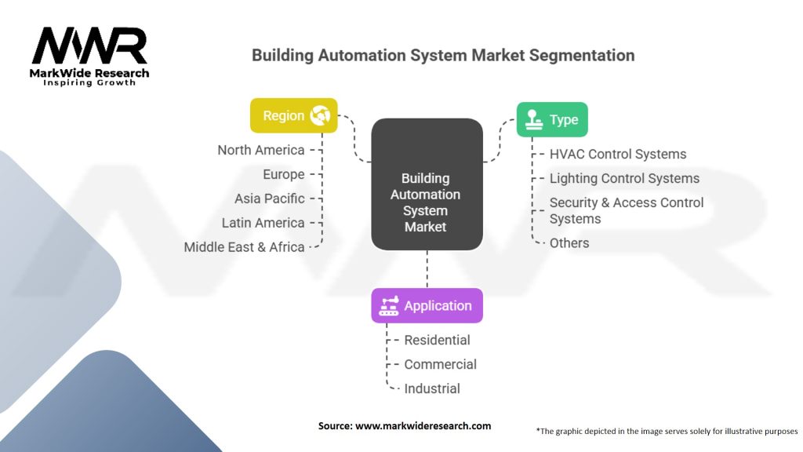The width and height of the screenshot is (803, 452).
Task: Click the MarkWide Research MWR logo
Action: pos(89,56)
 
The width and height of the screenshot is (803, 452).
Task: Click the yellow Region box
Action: pos(294,115)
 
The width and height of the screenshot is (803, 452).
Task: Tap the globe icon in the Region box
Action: pos(320,115)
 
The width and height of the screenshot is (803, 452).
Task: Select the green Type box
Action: pos(552,119)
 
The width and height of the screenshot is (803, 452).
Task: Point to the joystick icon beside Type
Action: pos(533,119)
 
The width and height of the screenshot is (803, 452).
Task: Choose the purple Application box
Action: pos(427,305)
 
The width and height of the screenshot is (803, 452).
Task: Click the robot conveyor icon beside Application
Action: pos(389,305)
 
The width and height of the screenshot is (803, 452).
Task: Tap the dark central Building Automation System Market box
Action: pos(427,184)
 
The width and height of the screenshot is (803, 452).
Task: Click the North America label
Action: pos(261,150)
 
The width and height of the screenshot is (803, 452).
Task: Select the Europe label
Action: pos(284,175)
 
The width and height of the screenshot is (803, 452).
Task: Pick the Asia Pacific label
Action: pos(270,199)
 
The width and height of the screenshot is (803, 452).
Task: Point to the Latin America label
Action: pos(263,223)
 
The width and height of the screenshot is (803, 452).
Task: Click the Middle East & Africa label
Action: pos(245,247)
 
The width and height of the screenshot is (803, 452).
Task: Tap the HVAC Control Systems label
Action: pos(618,155)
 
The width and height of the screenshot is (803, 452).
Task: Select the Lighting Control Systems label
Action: pos(624,178)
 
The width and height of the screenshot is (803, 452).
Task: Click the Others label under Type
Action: pos(569,243)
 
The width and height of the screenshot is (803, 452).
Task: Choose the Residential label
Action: pos(437,340)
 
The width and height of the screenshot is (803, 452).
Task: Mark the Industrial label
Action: pos(432,388)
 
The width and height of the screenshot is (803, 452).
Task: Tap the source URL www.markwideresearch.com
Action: pos(423,426)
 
